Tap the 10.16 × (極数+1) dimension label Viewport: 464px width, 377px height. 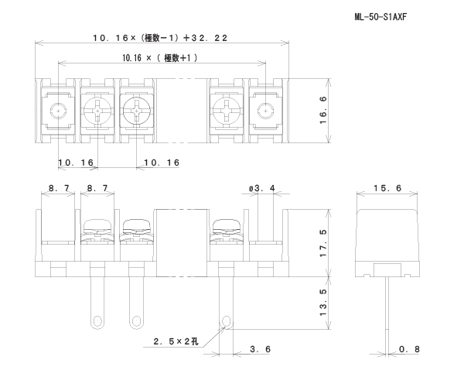[x=160, y=57]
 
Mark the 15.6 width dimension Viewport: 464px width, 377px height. [x=386, y=188]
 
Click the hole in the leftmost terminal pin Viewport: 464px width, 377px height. [x=98, y=318]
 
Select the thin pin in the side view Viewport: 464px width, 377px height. [x=385, y=310]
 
